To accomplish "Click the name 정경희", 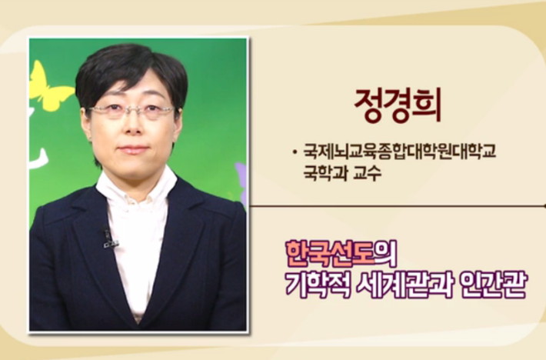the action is (398, 105).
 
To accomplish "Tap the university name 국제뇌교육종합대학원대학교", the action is (399, 152).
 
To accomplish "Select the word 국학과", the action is (325, 172).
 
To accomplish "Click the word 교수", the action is (368, 172).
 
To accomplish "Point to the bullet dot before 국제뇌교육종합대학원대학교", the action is (295, 152).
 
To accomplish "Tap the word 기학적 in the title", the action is (318, 285).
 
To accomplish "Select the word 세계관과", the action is (405, 285).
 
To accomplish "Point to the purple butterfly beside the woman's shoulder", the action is (242, 184).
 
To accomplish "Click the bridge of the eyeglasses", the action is (133, 109).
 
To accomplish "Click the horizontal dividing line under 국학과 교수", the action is (397, 206).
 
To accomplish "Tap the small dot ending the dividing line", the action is (544, 206).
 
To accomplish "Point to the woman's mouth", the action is (133, 150).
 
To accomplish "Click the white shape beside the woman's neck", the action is (39, 158).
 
